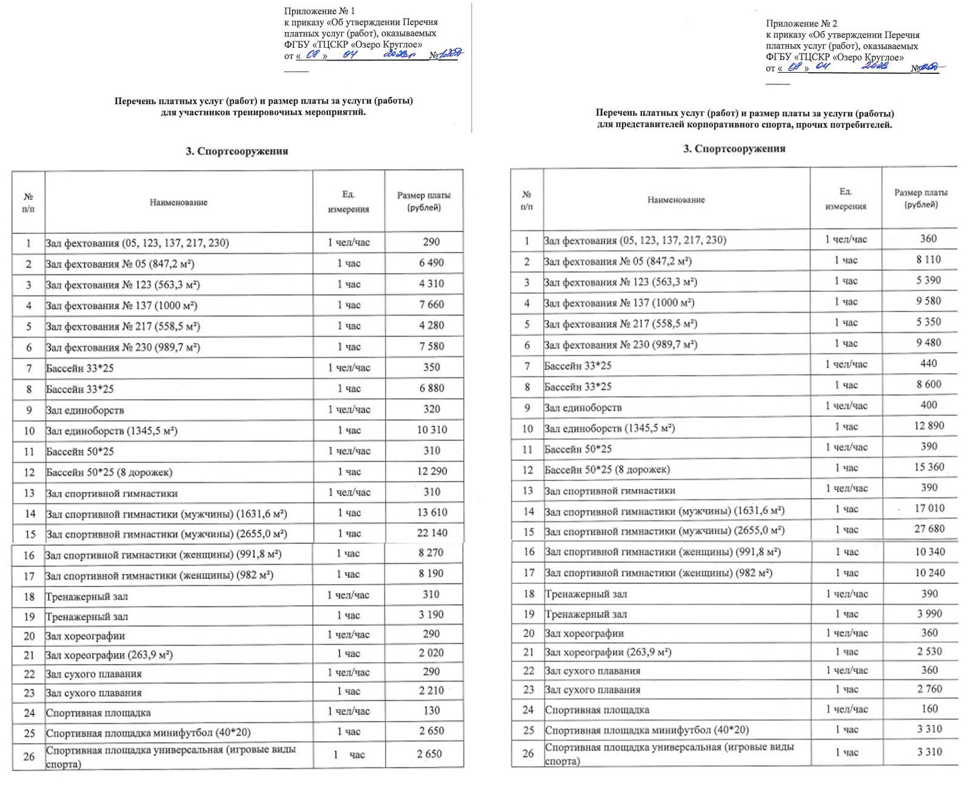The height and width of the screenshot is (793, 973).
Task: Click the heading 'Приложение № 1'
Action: (319, 11)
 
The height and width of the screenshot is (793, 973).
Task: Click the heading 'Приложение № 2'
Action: (801, 24)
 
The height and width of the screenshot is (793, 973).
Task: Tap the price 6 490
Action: (431, 263)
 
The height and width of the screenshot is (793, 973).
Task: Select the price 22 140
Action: (432, 533)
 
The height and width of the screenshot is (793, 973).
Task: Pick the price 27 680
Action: (929, 529)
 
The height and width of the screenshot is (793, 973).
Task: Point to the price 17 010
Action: (929, 508)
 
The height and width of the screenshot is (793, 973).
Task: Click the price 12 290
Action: (432, 471)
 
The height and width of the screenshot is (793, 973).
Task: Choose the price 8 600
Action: (929, 384)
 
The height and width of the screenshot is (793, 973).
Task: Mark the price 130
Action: (431, 711)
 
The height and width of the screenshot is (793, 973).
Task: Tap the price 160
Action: (929, 708)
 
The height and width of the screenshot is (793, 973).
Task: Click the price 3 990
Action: (929, 614)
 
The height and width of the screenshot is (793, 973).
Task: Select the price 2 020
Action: (431, 653)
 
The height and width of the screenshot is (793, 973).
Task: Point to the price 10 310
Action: (432, 430)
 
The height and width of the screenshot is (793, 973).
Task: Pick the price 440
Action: (929, 363)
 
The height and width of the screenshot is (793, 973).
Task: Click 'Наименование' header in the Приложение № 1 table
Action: (178, 202)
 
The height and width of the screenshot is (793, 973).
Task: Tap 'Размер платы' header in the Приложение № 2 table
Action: (920, 193)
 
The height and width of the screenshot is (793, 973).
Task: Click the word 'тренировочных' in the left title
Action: (264, 112)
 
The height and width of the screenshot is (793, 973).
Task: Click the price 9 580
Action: (929, 301)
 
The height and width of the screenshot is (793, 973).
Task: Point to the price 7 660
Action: (431, 305)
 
